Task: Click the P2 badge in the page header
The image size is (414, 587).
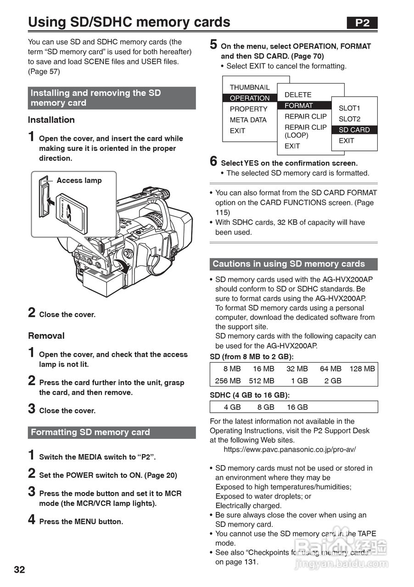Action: pyautogui.click(x=362, y=23)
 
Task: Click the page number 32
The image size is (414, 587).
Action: pyautogui.click(x=19, y=570)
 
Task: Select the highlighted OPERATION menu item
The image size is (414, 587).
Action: pyautogui.click(x=250, y=98)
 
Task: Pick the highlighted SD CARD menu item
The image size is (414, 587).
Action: pyautogui.click(x=354, y=130)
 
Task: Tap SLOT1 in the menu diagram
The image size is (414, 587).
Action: pyautogui.click(x=349, y=108)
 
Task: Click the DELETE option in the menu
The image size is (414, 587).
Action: pyautogui.click(x=298, y=94)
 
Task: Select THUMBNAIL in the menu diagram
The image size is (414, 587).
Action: pyautogui.click(x=250, y=87)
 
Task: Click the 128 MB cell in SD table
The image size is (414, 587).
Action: pyautogui.click(x=362, y=369)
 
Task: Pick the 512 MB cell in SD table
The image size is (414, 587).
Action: pyautogui.click(x=262, y=381)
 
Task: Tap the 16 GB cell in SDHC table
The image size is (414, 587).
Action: pyautogui.click(x=297, y=407)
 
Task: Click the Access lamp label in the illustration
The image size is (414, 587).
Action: pyautogui.click(x=79, y=180)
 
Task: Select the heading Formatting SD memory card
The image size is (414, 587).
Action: pyautogui.click(x=90, y=432)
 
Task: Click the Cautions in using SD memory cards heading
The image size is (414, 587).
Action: pyautogui.click(x=289, y=264)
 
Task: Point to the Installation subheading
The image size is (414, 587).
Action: pyautogui.click(x=51, y=120)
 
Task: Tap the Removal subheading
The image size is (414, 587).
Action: pyautogui.click(x=46, y=336)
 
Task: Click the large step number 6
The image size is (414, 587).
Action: pyautogui.click(x=213, y=161)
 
